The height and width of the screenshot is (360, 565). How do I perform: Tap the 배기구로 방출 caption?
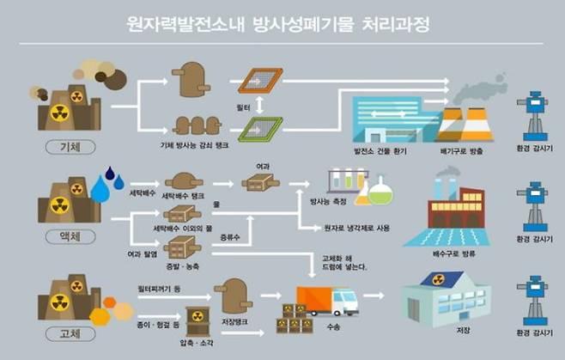(462, 151)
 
